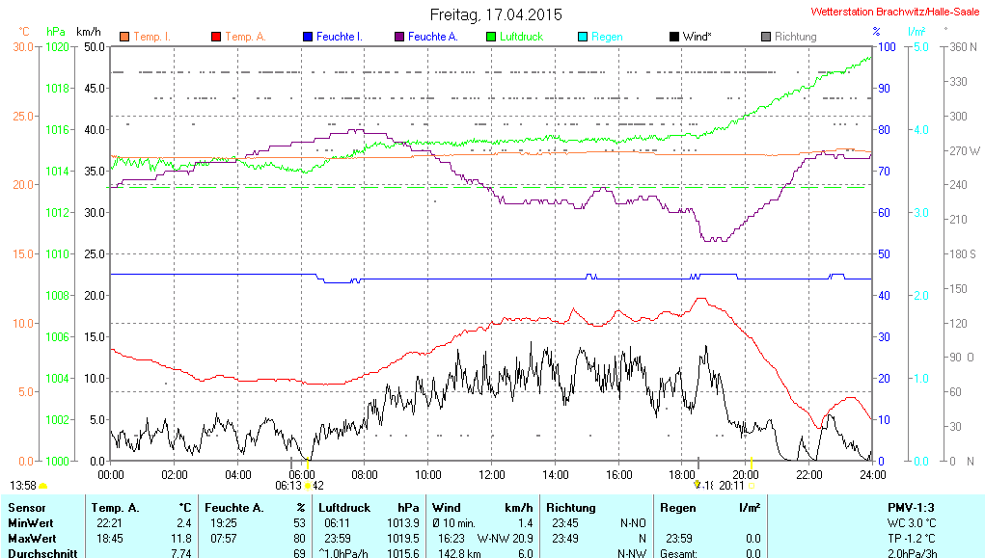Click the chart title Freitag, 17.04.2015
tap(495, 15)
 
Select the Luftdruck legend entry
tap(520, 37)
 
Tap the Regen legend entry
tap(606, 37)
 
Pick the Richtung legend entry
tap(794, 37)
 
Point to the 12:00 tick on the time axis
tap(491, 474)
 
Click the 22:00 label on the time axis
tap(808, 474)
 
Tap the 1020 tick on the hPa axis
tap(58, 46)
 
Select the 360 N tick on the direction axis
tap(962, 46)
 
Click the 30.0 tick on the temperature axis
tap(22, 46)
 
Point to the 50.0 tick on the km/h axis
tap(94, 46)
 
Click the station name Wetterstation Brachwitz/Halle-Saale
tap(895, 12)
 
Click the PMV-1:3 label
tap(911, 507)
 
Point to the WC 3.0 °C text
tap(911, 522)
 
